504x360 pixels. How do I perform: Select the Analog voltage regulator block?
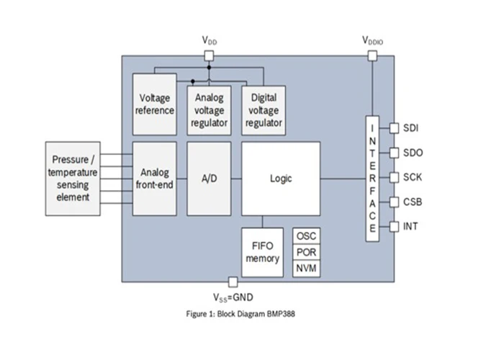(x=208, y=109)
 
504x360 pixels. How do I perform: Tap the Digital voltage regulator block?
(x=263, y=109)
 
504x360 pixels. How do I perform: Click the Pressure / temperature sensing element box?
(x=73, y=178)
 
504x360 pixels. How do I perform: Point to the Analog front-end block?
(x=155, y=178)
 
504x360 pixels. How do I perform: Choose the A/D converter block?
(x=210, y=178)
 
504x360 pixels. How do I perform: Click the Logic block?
(x=281, y=178)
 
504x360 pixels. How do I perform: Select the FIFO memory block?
(x=262, y=251)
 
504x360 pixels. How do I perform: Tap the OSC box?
(x=306, y=236)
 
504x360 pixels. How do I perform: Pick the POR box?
(x=306, y=252)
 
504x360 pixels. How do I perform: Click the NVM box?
(x=306, y=269)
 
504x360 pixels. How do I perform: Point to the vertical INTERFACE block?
(x=372, y=178)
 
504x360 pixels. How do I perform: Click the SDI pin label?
(x=412, y=128)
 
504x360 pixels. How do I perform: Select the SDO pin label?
(x=413, y=153)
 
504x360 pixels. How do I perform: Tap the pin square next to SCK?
(x=394, y=177)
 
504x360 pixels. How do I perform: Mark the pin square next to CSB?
(x=394, y=202)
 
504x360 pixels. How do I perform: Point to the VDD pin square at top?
(x=209, y=55)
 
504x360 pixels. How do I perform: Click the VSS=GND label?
(x=233, y=297)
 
